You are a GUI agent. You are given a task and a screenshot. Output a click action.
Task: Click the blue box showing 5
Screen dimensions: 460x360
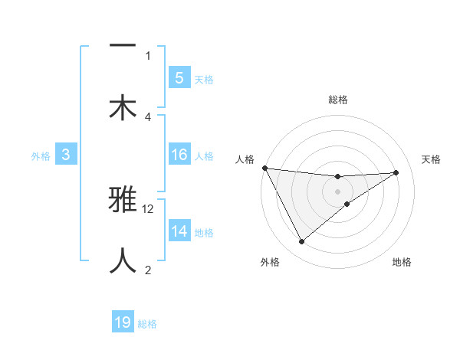[179, 78]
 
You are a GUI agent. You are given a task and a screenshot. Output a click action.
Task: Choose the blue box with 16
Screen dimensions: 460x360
[179, 155]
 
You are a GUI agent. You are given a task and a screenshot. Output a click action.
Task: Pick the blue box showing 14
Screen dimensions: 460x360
[179, 231]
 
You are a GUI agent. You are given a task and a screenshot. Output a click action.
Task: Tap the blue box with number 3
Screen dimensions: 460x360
[66, 155]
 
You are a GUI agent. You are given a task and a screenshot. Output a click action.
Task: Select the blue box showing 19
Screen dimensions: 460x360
[123, 322]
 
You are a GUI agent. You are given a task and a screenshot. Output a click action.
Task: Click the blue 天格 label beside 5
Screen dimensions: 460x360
[204, 79]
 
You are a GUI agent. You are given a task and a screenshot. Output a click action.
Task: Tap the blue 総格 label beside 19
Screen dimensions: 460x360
[147, 324]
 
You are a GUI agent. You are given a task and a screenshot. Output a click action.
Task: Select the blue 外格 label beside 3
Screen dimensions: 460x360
[41, 156]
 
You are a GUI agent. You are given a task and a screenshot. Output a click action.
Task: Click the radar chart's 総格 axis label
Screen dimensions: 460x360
[337, 100]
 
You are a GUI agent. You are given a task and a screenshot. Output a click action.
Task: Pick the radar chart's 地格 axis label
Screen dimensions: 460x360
[402, 263]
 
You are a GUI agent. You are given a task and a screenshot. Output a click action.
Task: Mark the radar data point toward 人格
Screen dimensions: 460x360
[264, 168]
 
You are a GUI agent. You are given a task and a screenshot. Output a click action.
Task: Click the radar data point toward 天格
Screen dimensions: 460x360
[396, 172]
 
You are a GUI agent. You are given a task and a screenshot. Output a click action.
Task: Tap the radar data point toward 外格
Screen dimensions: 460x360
[301, 242]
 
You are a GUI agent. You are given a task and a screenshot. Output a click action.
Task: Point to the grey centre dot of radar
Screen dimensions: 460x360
[337, 191]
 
